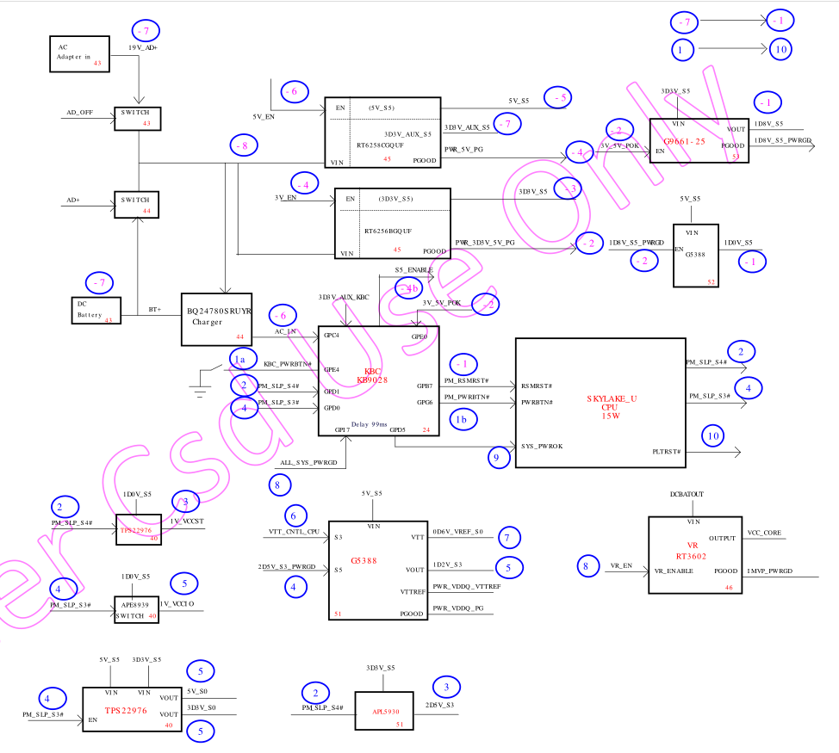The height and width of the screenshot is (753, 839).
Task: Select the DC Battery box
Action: pyautogui.click(x=96, y=312)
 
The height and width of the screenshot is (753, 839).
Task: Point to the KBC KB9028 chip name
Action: pyautogui.click(x=373, y=376)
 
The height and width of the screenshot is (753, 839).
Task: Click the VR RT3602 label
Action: pyautogui.click(x=692, y=550)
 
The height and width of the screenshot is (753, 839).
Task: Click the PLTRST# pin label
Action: pyautogui.click(x=667, y=451)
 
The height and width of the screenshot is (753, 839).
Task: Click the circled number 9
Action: pyautogui.click(x=497, y=458)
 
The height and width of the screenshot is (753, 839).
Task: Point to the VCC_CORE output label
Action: pyautogui.click(x=764, y=533)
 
